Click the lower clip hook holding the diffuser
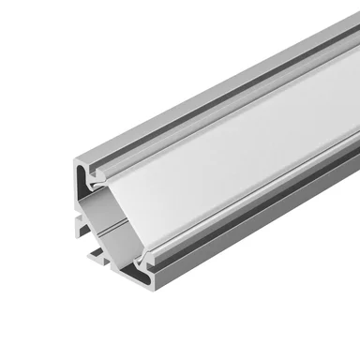141,259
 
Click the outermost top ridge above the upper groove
206,89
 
